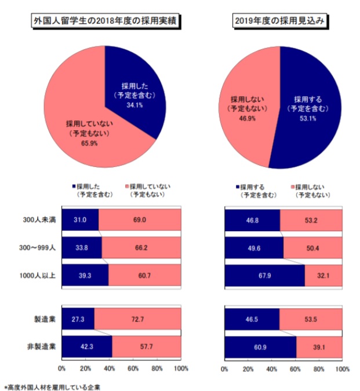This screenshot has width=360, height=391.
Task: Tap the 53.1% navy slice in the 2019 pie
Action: (310, 110)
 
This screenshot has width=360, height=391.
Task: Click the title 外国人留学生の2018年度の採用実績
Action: (105, 22)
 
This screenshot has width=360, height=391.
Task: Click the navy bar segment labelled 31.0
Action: (80, 221)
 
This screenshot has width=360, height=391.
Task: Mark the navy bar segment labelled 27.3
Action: (78, 319)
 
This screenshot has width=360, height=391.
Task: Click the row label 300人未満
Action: (40, 221)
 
